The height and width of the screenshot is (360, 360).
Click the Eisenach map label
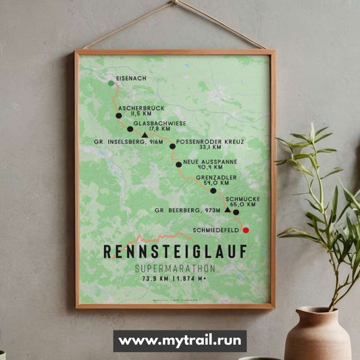[x=131, y=78]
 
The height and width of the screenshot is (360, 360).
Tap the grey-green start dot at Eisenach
[x=111, y=83]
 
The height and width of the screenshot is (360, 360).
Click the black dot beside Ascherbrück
[x=119, y=115]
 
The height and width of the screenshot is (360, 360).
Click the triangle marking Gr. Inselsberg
[x=145, y=135]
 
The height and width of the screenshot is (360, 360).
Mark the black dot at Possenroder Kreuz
[x=172, y=146]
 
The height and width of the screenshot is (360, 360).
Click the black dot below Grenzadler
[x=213, y=190]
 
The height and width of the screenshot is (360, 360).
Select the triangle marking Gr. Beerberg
[x=228, y=210]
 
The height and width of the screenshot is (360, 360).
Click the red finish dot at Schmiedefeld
[x=246, y=230]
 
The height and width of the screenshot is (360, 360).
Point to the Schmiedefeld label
[x=215, y=230]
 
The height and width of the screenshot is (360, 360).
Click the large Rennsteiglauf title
[x=175, y=251]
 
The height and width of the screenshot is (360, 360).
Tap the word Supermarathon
[x=175, y=268]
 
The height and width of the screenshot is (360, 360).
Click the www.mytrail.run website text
[x=180, y=341]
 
